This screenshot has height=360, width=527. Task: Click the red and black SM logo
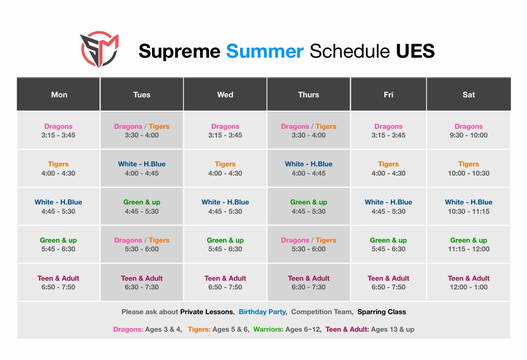coord(99,49)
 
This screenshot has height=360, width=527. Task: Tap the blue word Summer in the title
coord(265,51)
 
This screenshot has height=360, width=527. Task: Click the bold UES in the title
coord(415,51)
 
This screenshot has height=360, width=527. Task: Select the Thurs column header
coord(309,94)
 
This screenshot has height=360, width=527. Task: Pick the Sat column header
coord(468,94)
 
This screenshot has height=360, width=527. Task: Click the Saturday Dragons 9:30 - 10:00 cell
coord(468,130)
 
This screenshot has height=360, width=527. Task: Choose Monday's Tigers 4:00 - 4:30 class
coord(58,168)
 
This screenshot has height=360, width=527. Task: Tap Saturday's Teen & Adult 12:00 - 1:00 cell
coord(468,282)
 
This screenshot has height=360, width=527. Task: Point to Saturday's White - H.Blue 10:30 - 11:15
coord(468,207)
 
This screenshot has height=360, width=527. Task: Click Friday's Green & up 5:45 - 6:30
coord(388,244)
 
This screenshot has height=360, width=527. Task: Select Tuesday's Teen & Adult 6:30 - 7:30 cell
coord(142,282)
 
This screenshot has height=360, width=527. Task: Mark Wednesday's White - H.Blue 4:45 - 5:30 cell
coord(225,207)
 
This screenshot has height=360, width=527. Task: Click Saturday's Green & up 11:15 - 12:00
coord(468,244)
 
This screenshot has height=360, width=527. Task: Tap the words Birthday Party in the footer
coord(262,312)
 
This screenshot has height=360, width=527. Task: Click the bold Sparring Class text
coord(382,312)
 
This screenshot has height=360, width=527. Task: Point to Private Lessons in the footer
coord(207,312)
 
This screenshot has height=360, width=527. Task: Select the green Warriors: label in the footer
coord(268,330)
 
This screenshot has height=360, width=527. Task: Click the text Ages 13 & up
coord(393,330)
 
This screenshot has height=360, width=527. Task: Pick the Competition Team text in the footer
coord(321,312)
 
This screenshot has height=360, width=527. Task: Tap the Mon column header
coord(59,94)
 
